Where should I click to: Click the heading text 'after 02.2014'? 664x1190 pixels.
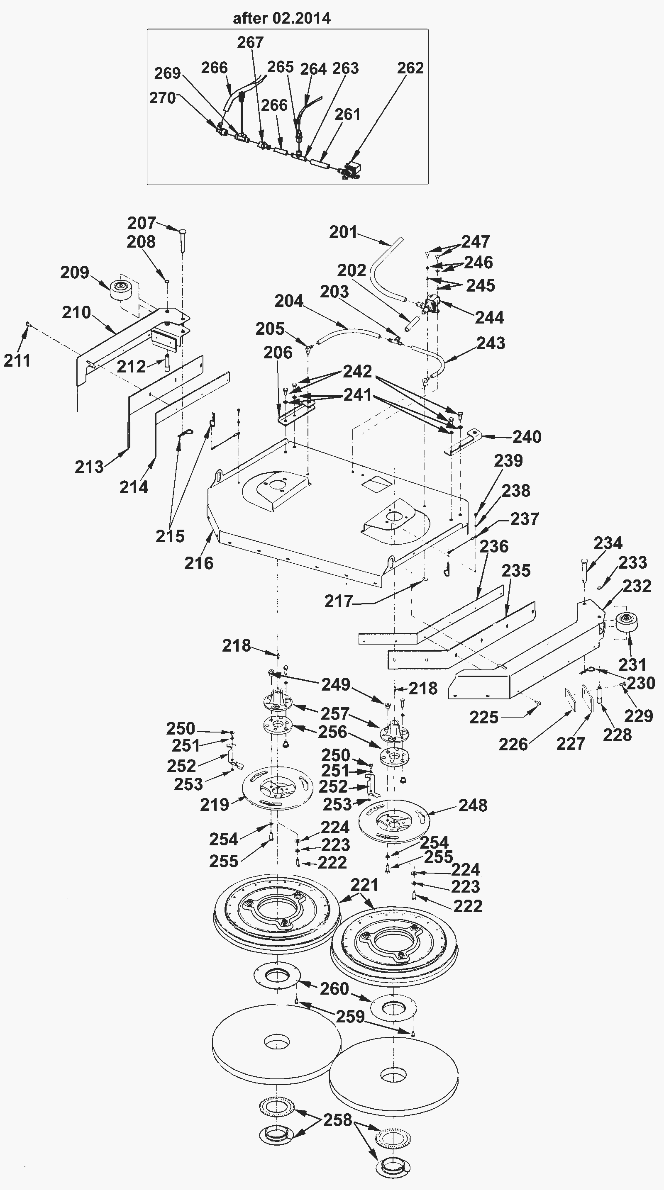tap(281, 19)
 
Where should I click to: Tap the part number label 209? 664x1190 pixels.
tap(74, 273)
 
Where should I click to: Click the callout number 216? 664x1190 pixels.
tap(199, 563)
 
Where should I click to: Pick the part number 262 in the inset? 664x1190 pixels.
tap(410, 68)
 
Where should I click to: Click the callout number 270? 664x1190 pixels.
tap(162, 98)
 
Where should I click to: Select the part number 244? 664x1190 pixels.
tap(489, 317)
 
